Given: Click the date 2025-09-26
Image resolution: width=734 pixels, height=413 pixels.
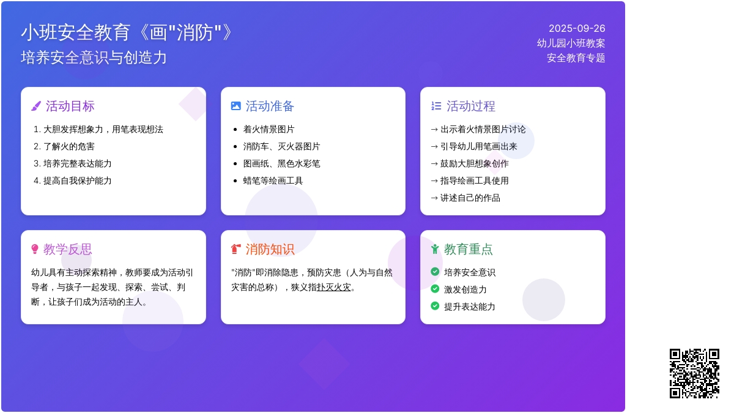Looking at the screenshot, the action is tap(577, 29).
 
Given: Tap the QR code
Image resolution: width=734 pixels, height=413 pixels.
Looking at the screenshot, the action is tap(694, 373).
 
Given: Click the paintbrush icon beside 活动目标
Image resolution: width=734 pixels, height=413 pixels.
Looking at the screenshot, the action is tap(36, 106).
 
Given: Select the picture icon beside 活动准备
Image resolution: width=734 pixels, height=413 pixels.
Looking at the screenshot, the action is tap(236, 106).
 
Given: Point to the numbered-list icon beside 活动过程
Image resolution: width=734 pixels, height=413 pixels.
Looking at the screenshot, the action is tap(436, 106).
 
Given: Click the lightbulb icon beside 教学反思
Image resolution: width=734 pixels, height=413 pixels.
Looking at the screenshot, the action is tap(35, 249).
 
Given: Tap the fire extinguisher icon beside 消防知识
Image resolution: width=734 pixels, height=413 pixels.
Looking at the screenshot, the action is tap(236, 249).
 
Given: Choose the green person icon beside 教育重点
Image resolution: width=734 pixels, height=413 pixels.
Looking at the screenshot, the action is tap(435, 249).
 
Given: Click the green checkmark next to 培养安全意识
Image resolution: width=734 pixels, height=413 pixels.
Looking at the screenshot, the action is tap(435, 272).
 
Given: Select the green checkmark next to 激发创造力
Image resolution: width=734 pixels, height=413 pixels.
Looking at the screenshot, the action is tap(435, 289).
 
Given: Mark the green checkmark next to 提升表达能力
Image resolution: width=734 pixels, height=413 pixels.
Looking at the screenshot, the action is tap(435, 306).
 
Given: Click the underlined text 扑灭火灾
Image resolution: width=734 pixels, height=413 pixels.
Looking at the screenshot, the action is tap(333, 287).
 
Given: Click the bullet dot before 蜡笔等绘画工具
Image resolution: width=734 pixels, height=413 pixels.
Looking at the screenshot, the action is tap(235, 181).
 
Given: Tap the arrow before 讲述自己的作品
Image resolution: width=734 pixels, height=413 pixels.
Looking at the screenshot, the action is tap(434, 198).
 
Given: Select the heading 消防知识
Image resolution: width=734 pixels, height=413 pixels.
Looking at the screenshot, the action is tap(270, 249).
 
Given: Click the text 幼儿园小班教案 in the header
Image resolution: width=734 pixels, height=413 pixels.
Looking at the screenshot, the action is tap(571, 43).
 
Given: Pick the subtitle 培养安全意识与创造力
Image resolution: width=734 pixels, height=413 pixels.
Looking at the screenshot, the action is tap(94, 58).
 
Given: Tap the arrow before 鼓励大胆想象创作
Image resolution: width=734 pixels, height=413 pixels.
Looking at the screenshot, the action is tap(434, 163).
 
